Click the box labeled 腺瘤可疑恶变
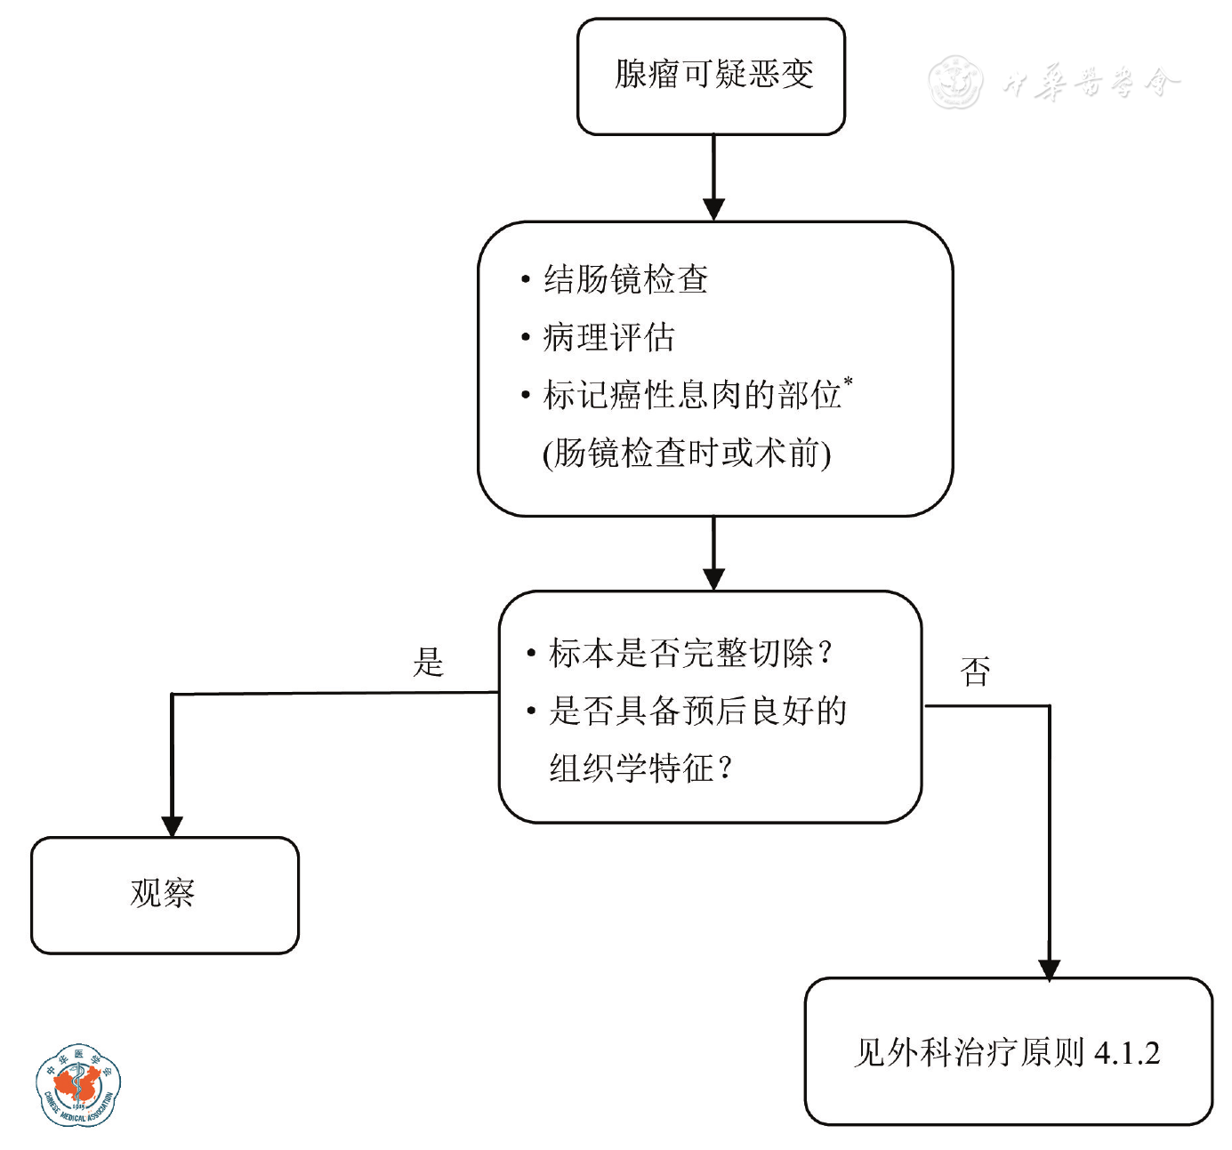click(x=712, y=76)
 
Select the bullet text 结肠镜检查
click(x=625, y=279)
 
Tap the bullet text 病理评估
click(x=608, y=337)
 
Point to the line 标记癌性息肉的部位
click(x=692, y=395)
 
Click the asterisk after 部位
click(x=849, y=382)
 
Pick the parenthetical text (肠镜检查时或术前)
click(x=687, y=454)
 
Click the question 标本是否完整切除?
click(x=690, y=653)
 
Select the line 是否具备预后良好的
click(x=697, y=711)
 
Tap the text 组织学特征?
click(x=640, y=768)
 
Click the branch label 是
click(x=428, y=662)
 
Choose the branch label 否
click(x=975, y=672)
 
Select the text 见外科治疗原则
click(x=969, y=1053)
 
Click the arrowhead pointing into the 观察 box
click(x=172, y=826)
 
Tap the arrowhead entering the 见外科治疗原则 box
click(x=1050, y=969)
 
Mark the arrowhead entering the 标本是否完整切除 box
click(x=713, y=579)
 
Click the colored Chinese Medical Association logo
click(x=78, y=1085)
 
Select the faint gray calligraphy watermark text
click(x=1091, y=83)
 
